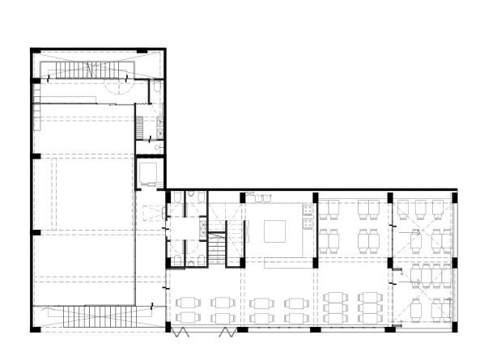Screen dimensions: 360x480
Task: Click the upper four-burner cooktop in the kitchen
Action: coord(308,212)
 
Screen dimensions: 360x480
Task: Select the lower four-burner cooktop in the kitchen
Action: coord(308,226)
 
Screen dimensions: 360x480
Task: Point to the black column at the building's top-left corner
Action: coord(34,51)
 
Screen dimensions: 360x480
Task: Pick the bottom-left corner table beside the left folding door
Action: coord(185,318)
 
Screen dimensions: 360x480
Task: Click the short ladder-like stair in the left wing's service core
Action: coord(139,127)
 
